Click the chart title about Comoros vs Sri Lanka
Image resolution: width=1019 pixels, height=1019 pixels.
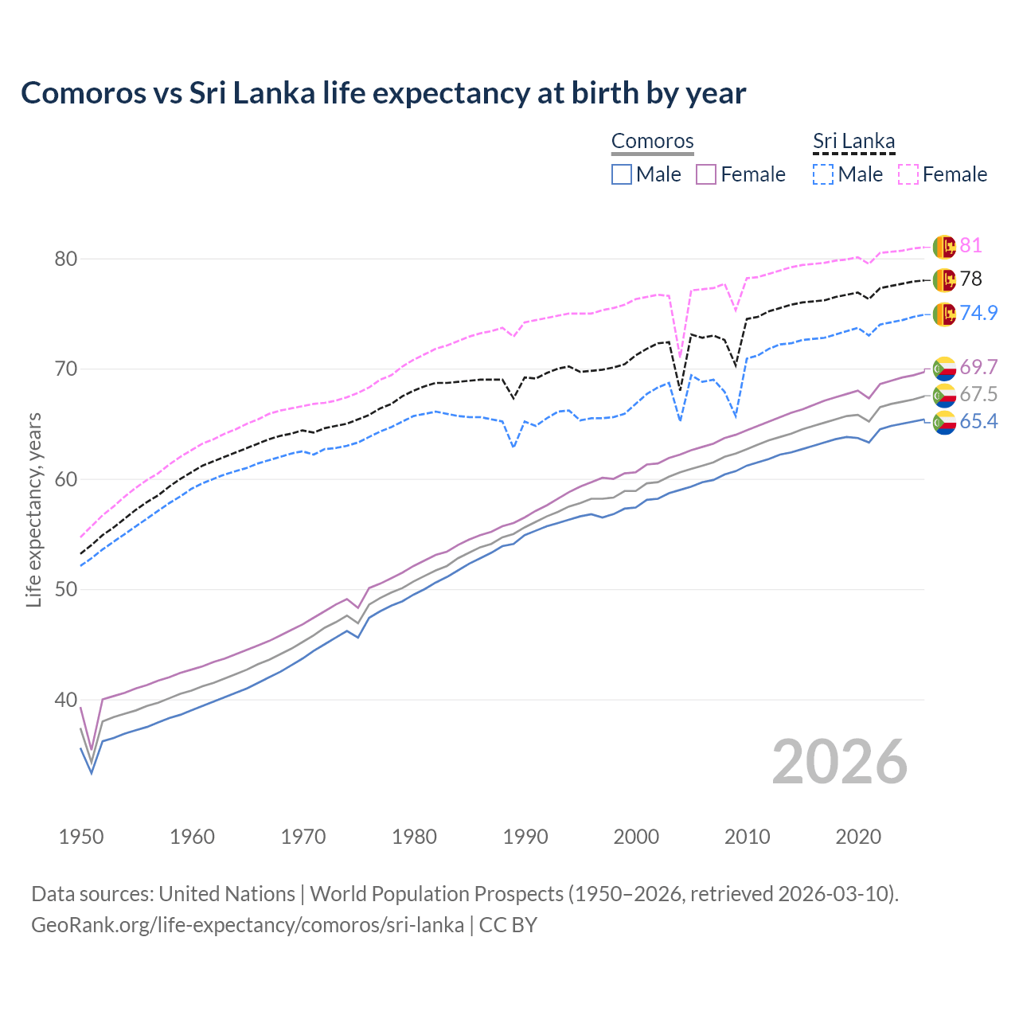click(383, 93)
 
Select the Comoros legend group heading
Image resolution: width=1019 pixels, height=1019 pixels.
click(652, 142)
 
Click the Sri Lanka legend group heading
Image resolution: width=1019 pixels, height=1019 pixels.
click(853, 142)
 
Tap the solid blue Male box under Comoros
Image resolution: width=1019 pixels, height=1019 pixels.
click(622, 174)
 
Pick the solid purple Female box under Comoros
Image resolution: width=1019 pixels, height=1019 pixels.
click(706, 174)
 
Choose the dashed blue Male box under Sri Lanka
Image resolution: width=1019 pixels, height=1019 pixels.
click(823, 174)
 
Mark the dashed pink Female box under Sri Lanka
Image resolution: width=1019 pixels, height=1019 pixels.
click(908, 174)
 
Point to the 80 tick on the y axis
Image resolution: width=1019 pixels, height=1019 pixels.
click(66, 259)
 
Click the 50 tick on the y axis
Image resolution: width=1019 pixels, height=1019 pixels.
click(66, 590)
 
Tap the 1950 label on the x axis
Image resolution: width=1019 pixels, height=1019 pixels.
click(81, 837)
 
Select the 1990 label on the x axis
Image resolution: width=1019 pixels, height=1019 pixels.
click(525, 837)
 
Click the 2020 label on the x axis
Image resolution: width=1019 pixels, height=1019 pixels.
click(858, 837)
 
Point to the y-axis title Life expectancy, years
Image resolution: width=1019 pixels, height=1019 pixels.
click(34, 509)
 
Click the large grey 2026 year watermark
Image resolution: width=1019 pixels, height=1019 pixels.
click(839, 762)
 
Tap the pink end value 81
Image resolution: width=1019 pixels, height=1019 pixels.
click(970, 246)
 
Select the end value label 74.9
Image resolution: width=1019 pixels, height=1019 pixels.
click(978, 313)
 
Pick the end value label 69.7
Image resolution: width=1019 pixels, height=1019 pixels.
click(978, 367)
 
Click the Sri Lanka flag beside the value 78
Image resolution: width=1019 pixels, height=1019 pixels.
click(944, 279)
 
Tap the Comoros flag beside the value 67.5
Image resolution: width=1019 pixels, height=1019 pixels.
click(944, 395)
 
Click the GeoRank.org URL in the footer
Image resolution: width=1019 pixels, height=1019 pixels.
click(248, 925)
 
